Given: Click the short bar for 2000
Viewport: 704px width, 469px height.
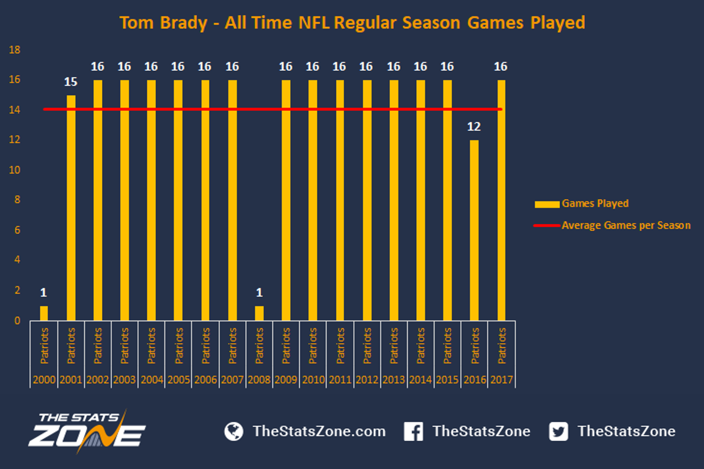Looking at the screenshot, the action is (x=43, y=313).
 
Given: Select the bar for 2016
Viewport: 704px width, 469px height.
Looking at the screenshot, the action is (x=474, y=230).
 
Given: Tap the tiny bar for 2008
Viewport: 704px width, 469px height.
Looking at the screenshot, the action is (x=259, y=313).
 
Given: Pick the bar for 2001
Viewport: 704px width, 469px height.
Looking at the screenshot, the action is (x=71, y=208).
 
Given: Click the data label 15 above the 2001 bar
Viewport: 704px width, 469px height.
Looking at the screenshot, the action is (x=70, y=82).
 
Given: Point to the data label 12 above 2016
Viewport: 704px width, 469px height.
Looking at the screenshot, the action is (x=474, y=127).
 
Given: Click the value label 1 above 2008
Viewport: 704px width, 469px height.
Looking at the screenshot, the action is (x=259, y=293).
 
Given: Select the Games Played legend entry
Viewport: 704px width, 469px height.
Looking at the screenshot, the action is (x=582, y=204).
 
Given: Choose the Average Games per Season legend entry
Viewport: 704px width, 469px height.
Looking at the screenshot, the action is (x=612, y=225).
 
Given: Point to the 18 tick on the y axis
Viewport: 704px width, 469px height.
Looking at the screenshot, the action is (x=15, y=50).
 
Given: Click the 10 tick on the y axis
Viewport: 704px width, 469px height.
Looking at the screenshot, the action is (x=15, y=170).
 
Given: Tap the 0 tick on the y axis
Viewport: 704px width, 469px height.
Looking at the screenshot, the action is (x=17, y=321).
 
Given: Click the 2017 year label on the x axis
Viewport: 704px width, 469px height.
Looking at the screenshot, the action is (x=502, y=380).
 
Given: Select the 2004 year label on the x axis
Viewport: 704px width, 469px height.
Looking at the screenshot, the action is (x=152, y=380).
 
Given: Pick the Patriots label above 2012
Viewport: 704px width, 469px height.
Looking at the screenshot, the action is (x=367, y=346).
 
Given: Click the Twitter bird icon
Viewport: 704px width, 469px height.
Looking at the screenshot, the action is (x=559, y=431).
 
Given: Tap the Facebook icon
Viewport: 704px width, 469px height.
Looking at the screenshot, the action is (x=414, y=431).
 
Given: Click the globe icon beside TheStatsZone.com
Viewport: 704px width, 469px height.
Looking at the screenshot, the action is (x=234, y=431).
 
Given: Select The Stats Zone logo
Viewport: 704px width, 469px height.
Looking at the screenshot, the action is (x=87, y=431).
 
